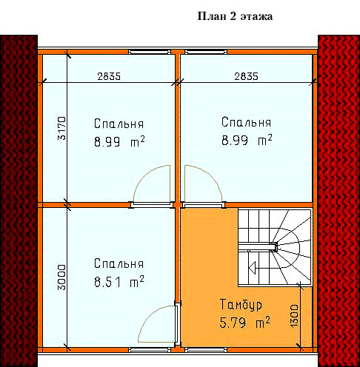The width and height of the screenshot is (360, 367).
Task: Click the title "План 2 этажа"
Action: (235, 16)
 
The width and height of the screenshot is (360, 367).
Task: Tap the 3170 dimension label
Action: (61, 128)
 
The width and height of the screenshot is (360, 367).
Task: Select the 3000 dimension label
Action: (61, 277)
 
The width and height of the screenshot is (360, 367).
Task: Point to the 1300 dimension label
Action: (294, 316)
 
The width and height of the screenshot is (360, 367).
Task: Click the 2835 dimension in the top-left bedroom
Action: (109, 76)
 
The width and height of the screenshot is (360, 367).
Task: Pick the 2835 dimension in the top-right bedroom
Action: (246, 76)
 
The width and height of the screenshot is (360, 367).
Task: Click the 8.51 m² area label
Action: (119, 282)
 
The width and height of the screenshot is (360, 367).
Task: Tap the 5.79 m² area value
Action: (244, 323)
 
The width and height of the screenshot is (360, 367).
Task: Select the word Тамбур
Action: (241, 305)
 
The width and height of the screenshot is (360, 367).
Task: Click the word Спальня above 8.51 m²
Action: (119, 263)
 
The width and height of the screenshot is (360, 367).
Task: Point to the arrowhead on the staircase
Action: (252, 268)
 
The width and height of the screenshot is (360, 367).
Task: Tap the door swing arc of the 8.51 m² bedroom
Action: (149, 314)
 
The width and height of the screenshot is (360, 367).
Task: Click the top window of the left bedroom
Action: (150, 52)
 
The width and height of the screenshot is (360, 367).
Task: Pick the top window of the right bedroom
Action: (206, 52)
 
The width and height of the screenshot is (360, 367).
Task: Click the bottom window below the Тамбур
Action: (206, 350)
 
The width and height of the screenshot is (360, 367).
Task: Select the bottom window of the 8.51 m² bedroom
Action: (150, 350)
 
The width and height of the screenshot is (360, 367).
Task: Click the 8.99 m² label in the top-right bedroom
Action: (247, 140)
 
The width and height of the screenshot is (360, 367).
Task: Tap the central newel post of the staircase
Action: (273, 246)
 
